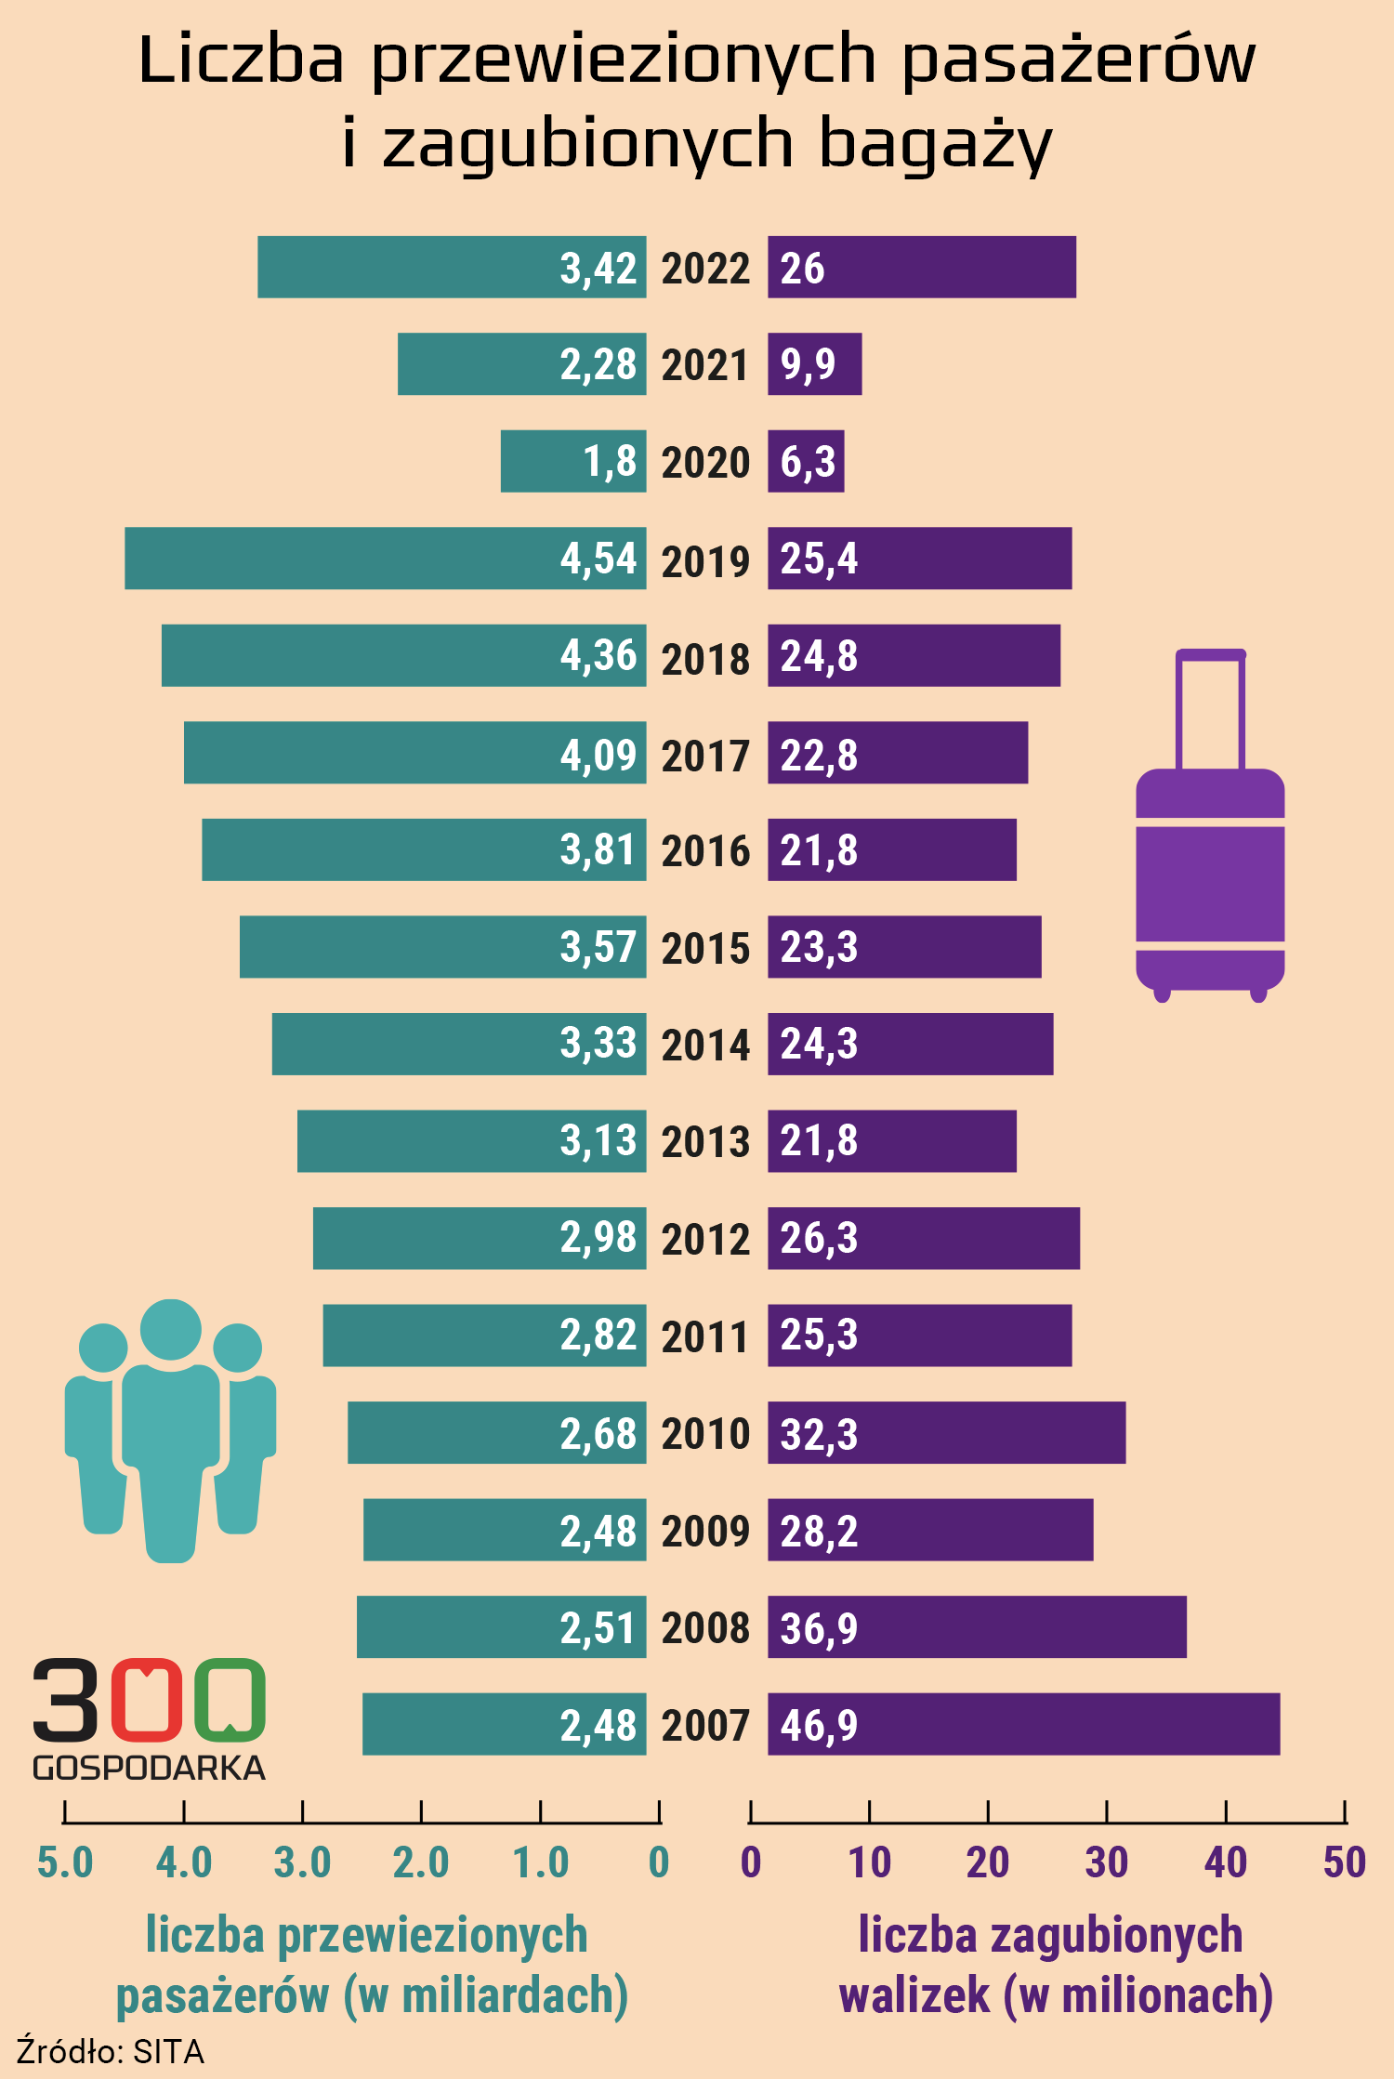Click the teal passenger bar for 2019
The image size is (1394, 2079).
point(385,559)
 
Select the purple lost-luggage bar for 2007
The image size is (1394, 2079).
point(1023,1724)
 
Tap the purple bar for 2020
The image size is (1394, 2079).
point(806,461)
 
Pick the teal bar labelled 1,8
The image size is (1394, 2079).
point(572,461)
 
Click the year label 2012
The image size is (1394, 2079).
point(705,1239)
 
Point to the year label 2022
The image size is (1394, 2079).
point(705,269)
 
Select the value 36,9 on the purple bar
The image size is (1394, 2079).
point(819,1628)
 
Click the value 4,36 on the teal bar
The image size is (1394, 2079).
point(598,656)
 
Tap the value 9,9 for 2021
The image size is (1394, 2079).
point(808,364)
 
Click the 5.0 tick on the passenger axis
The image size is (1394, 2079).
point(65,1862)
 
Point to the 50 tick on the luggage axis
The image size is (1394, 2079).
point(1344,1862)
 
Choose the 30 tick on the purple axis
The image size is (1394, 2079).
point(1106,1862)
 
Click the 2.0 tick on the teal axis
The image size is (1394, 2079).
point(421,1862)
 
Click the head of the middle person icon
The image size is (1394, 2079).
point(171,1329)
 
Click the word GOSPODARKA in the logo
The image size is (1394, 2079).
point(149,1768)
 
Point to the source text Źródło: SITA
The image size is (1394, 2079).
point(110,2051)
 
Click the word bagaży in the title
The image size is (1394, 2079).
point(935,144)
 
